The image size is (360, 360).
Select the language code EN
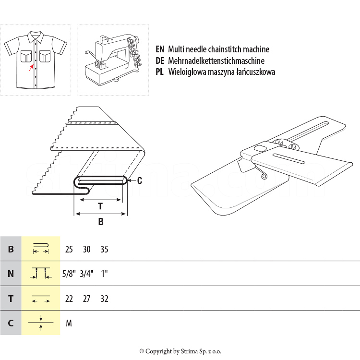pyautogui.click(x=160, y=49)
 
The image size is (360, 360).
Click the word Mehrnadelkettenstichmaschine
pyautogui.click(x=216, y=61)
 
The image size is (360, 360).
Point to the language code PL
pyautogui.click(x=160, y=72)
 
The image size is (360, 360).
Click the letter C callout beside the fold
pyautogui.click(x=140, y=180)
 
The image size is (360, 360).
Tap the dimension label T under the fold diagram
pyautogui.click(x=100, y=206)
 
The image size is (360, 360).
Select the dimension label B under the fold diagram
pyautogui.click(x=101, y=222)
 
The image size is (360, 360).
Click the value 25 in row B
pyautogui.click(x=69, y=250)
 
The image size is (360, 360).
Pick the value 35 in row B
pyautogui.click(x=104, y=250)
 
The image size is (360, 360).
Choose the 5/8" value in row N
pyautogui.click(x=69, y=274)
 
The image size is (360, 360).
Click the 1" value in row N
pyautogui.click(x=104, y=274)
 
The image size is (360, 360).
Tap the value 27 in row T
pyautogui.click(x=86, y=299)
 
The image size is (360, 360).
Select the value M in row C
pyautogui.click(x=69, y=324)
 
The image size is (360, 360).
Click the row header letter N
pyautogui.click(x=11, y=274)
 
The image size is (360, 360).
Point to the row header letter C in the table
pyautogui.click(x=11, y=324)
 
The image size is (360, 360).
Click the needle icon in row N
pyautogui.click(x=41, y=274)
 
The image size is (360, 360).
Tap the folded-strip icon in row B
pyautogui.click(x=41, y=249)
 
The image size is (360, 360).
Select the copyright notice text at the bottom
pyautogui.click(x=180, y=351)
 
